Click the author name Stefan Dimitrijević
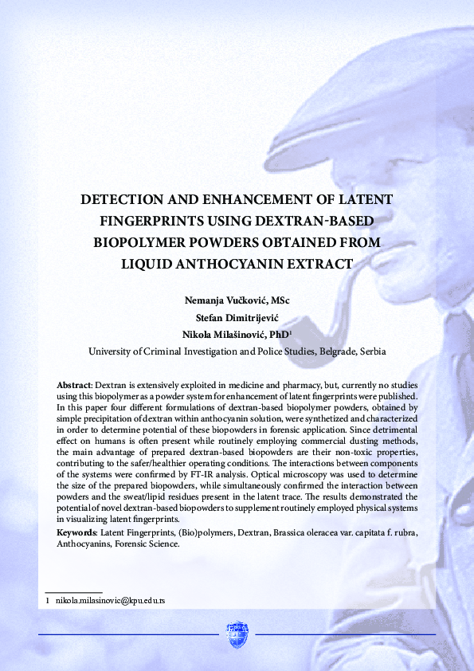pos(237,318)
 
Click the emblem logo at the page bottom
pos(237,634)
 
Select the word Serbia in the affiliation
pos(374,351)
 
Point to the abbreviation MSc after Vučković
pos(280,301)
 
